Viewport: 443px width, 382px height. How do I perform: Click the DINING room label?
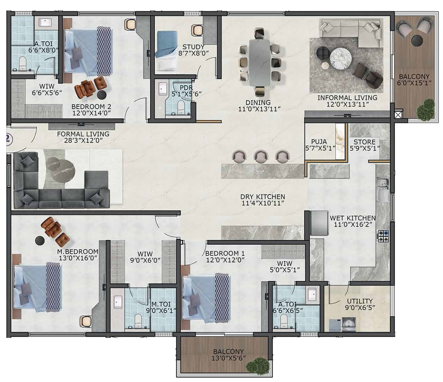pyautogui.click(x=258, y=102)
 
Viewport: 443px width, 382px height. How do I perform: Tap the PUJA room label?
pyautogui.click(x=319, y=142)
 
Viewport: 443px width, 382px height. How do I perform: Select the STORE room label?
pyautogui.click(x=364, y=142)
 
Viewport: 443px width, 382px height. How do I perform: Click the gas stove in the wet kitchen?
pyautogui.click(x=383, y=236)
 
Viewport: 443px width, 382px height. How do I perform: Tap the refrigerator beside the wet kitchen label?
pyautogui.click(x=319, y=223)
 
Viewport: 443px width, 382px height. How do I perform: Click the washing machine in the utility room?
pyautogui.click(x=349, y=324)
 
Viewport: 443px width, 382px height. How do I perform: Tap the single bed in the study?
pyautogui.click(x=167, y=51)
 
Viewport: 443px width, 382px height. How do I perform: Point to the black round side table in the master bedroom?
pyautogui.click(x=40, y=240)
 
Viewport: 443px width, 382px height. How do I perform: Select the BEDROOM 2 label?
pyautogui.click(x=91, y=106)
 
